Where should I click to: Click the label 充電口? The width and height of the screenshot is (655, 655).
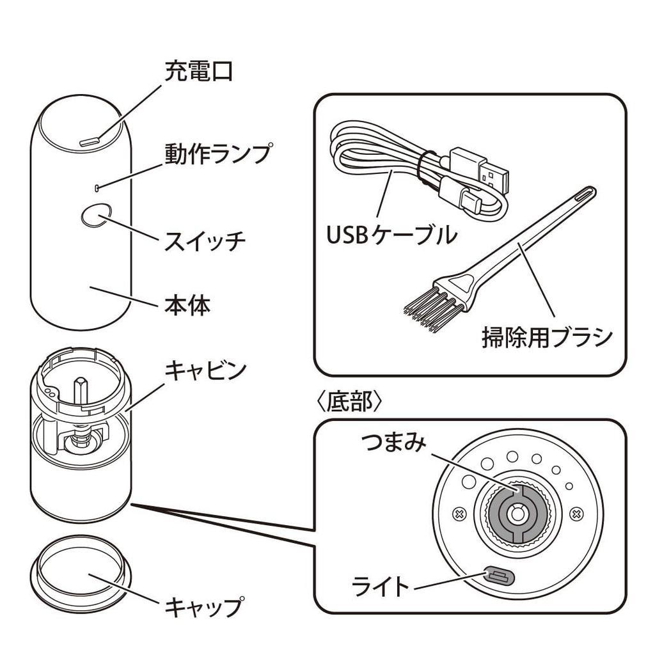pyautogui.click(x=198, y=72)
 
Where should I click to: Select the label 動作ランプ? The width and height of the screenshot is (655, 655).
pyautogui.click(x=217, y=155)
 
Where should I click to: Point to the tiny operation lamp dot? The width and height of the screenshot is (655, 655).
pyautogui.click(x=95, y=187)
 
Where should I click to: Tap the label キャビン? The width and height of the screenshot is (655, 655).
pyautogui.click(x=205, y=370)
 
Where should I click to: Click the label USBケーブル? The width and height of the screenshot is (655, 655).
pyautogui.click(x=391, y=235)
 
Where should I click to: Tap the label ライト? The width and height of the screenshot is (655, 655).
pyautogui.click(x=380, y=585)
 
